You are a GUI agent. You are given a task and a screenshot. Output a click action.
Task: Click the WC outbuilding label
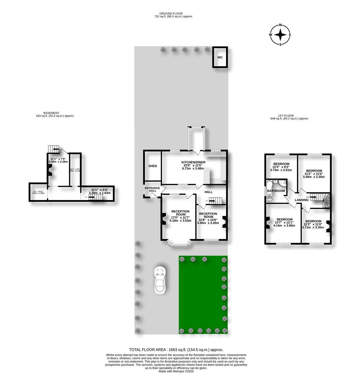[220, 58]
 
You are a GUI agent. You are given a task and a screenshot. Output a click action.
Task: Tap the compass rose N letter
[280, 25]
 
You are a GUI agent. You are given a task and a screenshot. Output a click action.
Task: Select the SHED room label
[153, 166]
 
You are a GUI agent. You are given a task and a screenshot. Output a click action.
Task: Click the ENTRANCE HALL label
[152, 190]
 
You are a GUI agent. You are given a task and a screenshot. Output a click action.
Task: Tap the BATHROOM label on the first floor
[276, 191]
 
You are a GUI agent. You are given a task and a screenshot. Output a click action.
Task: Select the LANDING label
[301, 200]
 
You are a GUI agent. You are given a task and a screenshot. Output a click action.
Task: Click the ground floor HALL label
[208, 192]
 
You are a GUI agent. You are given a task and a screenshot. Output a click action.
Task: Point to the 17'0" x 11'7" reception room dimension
[180, 218]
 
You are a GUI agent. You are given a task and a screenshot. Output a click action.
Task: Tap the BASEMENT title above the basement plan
[51, 113]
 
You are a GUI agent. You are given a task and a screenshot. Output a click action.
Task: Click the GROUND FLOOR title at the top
[173, 13]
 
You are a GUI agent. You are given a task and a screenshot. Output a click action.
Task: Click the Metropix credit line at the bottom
[176, 371]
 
